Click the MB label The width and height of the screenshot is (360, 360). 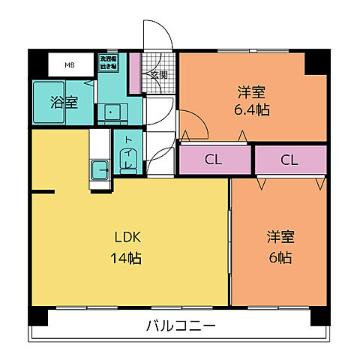[69, 65]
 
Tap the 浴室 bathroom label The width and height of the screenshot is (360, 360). [64, 103]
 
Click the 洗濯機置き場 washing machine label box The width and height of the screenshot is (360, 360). [109, 61]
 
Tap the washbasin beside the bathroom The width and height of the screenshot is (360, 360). [112, 113]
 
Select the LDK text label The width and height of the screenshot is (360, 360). [127, 238]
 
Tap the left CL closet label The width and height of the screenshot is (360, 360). [214, 160]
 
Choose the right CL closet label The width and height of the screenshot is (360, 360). [289, 160]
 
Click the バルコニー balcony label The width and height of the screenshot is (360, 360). [180, 326]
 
